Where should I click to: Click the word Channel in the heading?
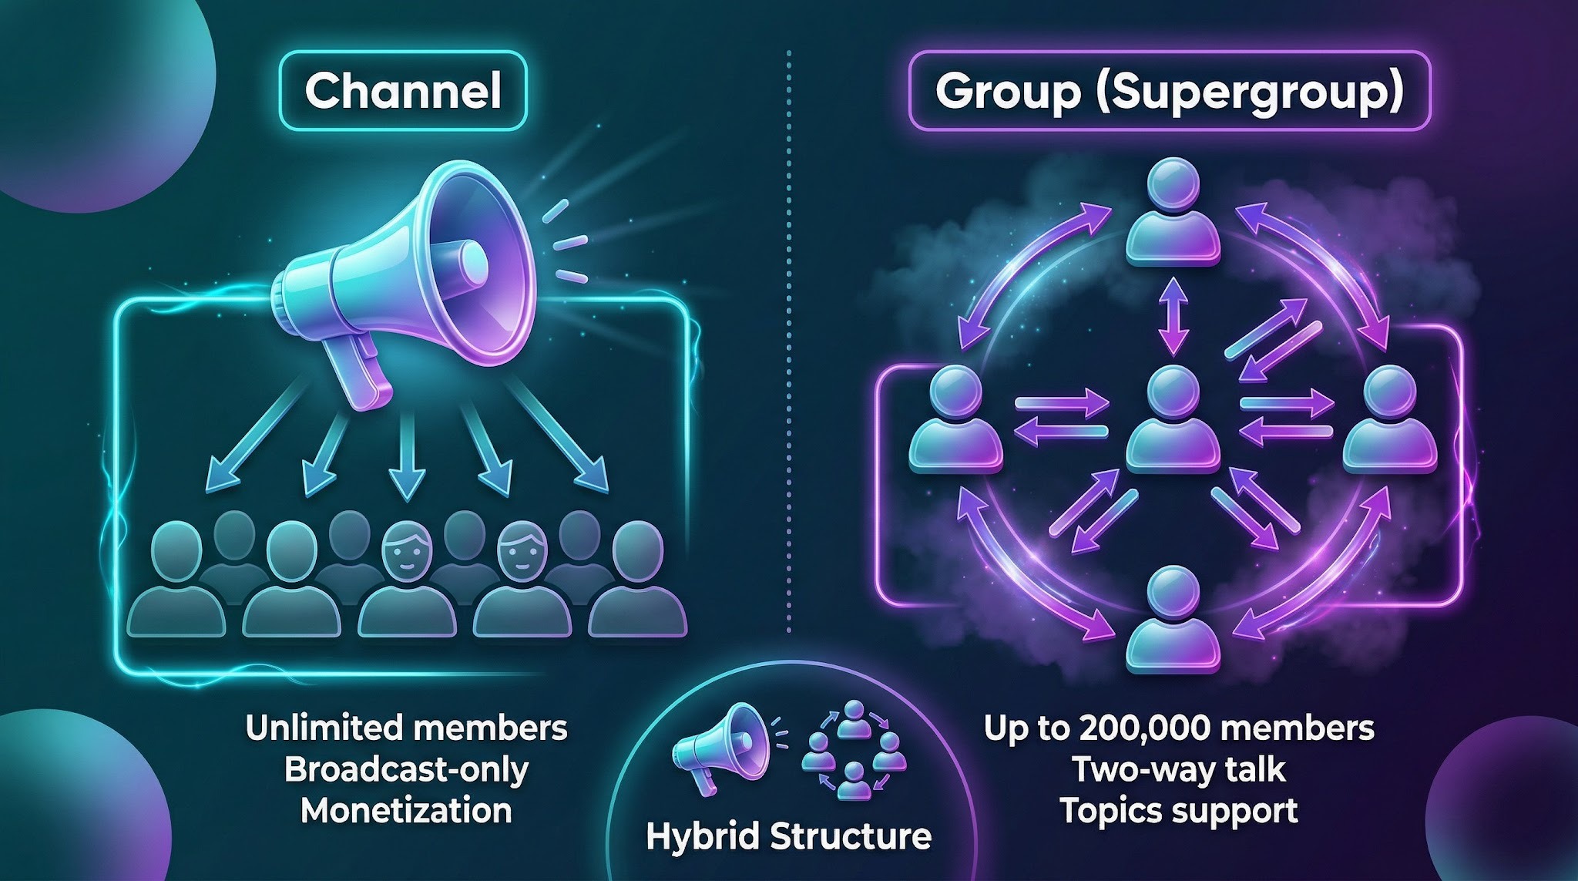click(x=403, y=91)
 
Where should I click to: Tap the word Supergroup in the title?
click(x=1242, y=92)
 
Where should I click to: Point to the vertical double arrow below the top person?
click(x=1173, y=315)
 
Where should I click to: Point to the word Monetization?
click(x=406, y=811)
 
